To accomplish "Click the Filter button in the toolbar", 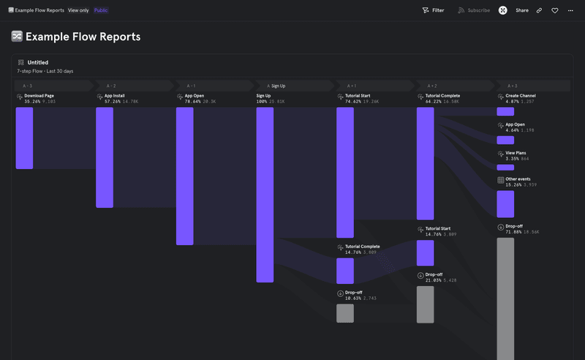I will click(x=433, y=10).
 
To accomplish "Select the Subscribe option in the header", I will click(x=474, y=10).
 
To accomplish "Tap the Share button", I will click(x=522, y=10).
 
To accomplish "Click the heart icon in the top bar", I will click(x=555, y=10).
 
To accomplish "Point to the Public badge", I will click(x=101, y=10).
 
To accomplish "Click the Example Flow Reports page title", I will click(x=83, y=37).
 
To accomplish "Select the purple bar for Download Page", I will click(x=24, y=138).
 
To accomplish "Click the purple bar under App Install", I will click(x=105, y=157).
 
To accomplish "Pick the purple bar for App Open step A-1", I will click(x=184, y=176).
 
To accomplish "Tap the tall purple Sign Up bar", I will click(x=265, y=194).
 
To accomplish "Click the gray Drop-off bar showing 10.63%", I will click(x=345, y=313).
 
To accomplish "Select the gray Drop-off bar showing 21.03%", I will click(x=426, y=304).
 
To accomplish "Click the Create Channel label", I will click(x=521, y=96).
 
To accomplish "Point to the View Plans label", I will click(x=516, y=153).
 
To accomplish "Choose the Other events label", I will click(x=518, y=179).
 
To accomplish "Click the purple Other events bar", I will click(x=505, y=204).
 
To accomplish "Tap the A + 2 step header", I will click(x=432, y=86).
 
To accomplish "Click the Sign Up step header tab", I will click(x=276, y=86).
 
